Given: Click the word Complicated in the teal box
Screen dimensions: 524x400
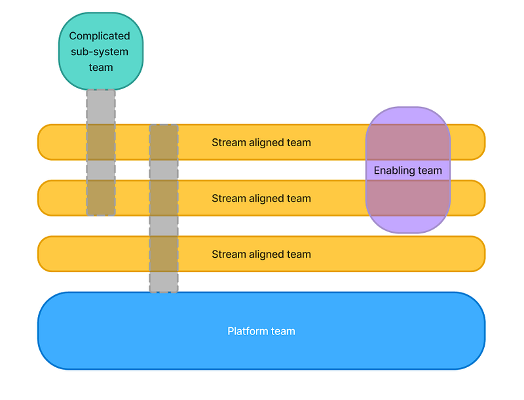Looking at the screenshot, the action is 100,36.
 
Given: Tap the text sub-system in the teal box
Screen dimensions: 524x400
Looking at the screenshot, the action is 100,52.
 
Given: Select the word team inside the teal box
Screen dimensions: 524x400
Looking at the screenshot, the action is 101,68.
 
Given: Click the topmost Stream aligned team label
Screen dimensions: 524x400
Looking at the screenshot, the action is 261,142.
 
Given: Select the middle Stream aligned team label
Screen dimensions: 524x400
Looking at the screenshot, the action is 261,198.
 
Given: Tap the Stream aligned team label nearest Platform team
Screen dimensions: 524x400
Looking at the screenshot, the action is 261,254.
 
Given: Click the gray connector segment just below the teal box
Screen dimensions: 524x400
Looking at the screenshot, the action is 101,107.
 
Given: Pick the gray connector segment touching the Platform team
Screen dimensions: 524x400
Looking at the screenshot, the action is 164,282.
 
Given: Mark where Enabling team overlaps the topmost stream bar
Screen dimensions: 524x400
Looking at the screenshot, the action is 408,142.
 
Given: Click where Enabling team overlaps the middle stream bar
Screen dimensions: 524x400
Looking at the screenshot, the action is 408,198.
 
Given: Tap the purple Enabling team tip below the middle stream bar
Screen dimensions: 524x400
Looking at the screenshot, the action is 408,224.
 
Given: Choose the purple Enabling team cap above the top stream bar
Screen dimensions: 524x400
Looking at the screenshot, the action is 408,115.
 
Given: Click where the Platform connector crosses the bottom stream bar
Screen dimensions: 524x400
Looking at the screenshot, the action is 164,254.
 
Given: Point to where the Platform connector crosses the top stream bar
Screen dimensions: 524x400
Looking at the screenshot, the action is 164,142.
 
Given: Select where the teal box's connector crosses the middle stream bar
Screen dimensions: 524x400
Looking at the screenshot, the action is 101,198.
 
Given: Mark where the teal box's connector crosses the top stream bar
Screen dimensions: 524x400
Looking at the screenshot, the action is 101,142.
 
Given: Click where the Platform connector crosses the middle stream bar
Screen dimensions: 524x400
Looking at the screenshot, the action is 164,198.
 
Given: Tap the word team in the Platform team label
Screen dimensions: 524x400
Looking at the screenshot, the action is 283,331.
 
